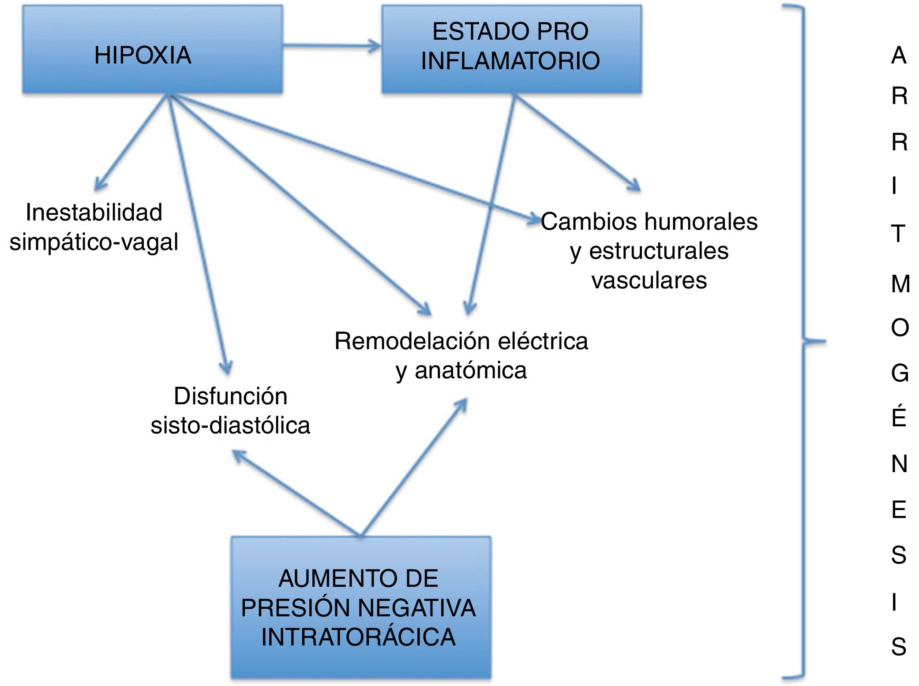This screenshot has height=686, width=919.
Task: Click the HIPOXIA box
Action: click(x=152, y=49)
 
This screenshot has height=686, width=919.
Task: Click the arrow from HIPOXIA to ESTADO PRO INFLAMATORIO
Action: click(x=331, y=45)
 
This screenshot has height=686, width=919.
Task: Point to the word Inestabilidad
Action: click(x=94, y=213)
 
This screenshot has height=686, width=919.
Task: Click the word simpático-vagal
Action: click(x=94, y=242)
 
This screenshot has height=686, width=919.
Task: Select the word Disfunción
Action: click(x=230, y=396)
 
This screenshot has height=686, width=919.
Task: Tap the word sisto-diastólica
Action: click(x=230, y=425)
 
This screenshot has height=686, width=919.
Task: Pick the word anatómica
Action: click(x=470, y=370)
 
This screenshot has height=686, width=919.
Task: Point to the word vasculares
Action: click(x=649, y=280)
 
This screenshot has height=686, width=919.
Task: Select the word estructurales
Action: click(x=659, y=251)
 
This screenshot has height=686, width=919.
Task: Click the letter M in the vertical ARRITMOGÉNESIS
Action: click(x=900, y=283)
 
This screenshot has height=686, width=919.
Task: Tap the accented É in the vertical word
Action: click(x=899, y=416)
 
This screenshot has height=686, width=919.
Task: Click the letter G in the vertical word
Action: click(x=900, y=373)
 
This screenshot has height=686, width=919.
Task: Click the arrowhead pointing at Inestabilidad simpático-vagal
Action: click(x=99, y=186)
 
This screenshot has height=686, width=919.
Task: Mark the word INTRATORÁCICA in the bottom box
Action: click(x=358, y=637)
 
